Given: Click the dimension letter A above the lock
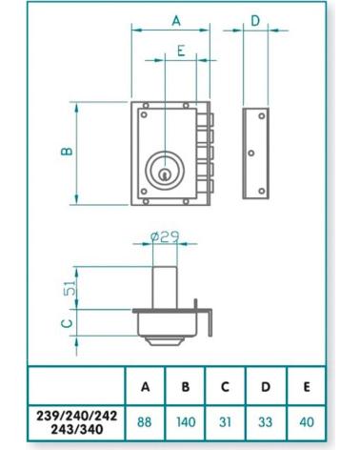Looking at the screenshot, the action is [x=176, y=21].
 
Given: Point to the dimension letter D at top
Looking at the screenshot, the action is [x=255, y=21].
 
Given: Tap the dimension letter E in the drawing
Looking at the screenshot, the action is [x=181, y=51].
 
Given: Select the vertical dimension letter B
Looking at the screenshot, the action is [x=67, y=152].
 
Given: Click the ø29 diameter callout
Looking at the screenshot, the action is [x=165, y=236].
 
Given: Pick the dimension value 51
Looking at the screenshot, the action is [x=70, y=288].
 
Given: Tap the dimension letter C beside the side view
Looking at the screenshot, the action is [x=67, y=323].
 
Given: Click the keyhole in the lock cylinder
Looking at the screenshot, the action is [x=164, y=174].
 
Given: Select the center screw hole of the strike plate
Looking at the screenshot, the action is [x=251, y=153].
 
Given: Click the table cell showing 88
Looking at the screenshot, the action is [x=145, y=422].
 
